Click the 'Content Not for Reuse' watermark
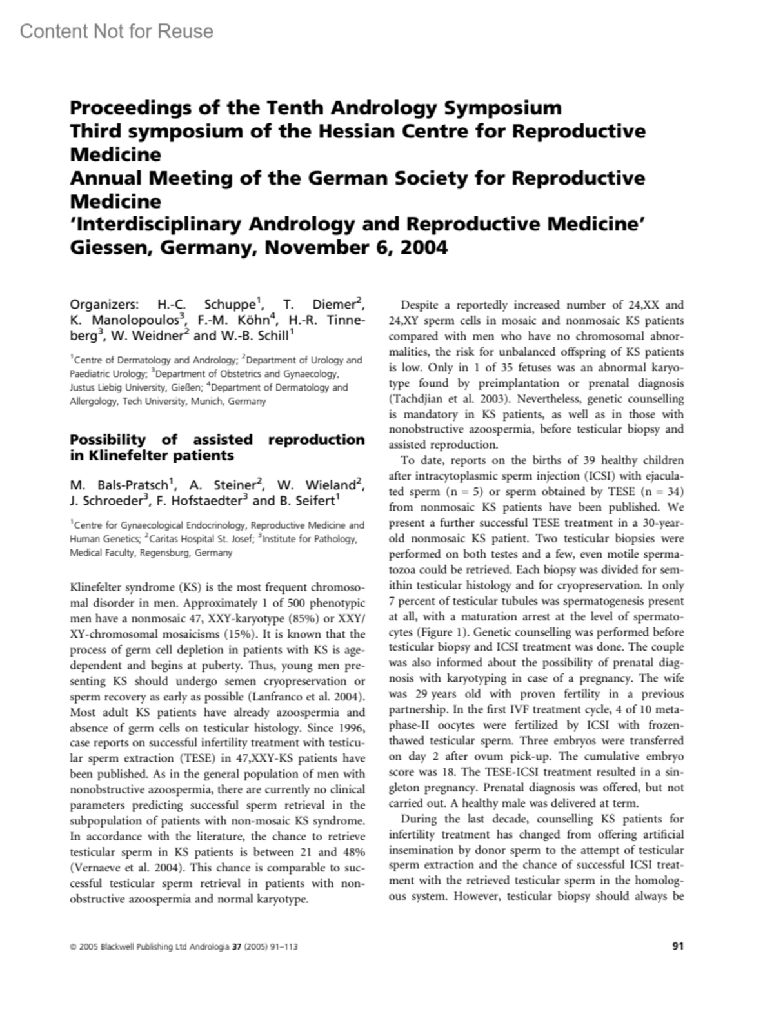click(x=116, y=31)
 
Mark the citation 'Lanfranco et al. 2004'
click(x=307, y=697)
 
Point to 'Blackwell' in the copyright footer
click(x=121, y=947)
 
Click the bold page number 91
click(x=677, y=947)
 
